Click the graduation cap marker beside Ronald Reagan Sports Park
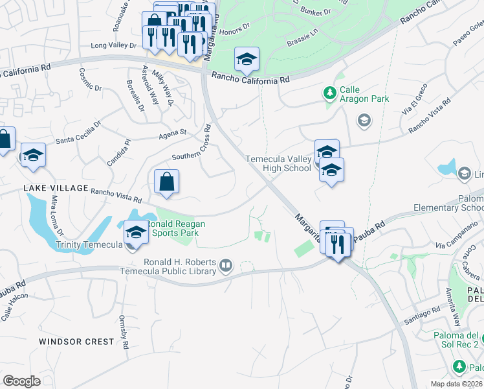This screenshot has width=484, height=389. point(136,232)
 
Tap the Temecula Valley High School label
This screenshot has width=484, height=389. point(278,163)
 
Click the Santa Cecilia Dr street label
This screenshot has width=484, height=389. point(79,132)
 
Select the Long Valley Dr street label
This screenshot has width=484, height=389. point(114,45)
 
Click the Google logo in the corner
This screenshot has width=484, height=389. point(21,381)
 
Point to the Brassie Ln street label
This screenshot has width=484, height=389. point(302,38)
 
